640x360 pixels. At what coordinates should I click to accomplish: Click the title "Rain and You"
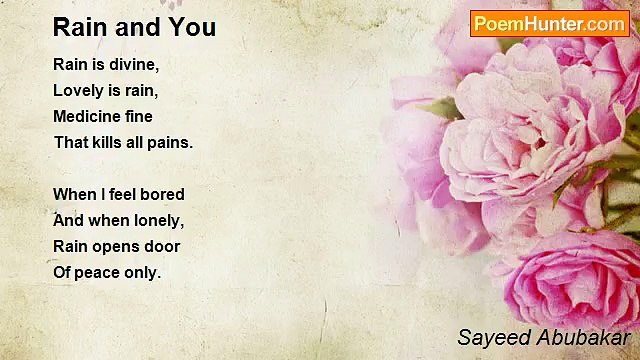tap(134, 27)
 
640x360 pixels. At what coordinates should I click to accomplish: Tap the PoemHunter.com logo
tap(549, 24)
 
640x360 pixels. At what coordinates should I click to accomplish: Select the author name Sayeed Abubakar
tap(544, 336)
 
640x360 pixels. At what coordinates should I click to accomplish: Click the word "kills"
tap(111, 142)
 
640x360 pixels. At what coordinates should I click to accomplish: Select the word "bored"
tap(162, 194)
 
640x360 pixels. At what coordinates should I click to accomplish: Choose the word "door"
tap(164, 246)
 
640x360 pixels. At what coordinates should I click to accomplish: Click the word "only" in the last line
tap(143, 272)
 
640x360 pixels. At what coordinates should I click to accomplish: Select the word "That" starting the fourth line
tap(71, 142)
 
